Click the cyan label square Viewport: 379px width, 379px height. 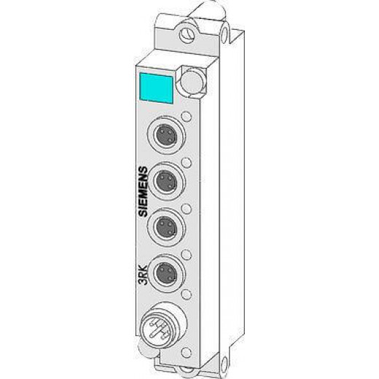coord(156,88)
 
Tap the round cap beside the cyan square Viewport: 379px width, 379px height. coord(192,82)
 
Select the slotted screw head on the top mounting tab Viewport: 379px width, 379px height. coord(188,34)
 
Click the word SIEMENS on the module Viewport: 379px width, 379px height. coord(143,191)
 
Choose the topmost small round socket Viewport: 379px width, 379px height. coord(166,135)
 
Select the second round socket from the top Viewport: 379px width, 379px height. coord(166,181)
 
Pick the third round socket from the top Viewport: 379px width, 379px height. coord(166,227)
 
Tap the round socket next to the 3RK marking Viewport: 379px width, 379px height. coord(166,273)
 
